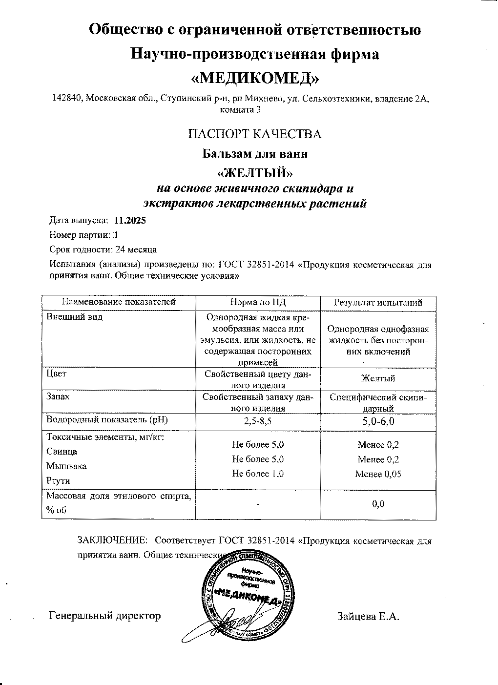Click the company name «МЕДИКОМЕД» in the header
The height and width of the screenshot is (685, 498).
point(255,78)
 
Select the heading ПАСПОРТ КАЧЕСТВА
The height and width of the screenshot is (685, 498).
point(255,134)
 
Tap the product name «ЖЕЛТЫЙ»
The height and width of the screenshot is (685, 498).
point(255,173)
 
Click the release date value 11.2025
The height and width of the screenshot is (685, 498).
point(129,220)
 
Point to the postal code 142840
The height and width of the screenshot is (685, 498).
point(68,99)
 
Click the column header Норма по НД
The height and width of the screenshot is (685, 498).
point(257,303)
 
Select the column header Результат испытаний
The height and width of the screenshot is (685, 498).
point(378,303)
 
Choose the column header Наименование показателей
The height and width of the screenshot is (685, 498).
point(119,303)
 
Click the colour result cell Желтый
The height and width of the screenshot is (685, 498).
point(378,378)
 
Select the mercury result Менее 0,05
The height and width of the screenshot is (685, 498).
point(378,474)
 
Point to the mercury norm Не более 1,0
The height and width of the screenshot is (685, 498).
point(258,474)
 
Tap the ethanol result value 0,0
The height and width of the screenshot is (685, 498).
point(378,504)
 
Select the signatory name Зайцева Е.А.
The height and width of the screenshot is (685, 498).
point(368,616)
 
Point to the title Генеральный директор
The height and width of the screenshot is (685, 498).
point(105,616)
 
